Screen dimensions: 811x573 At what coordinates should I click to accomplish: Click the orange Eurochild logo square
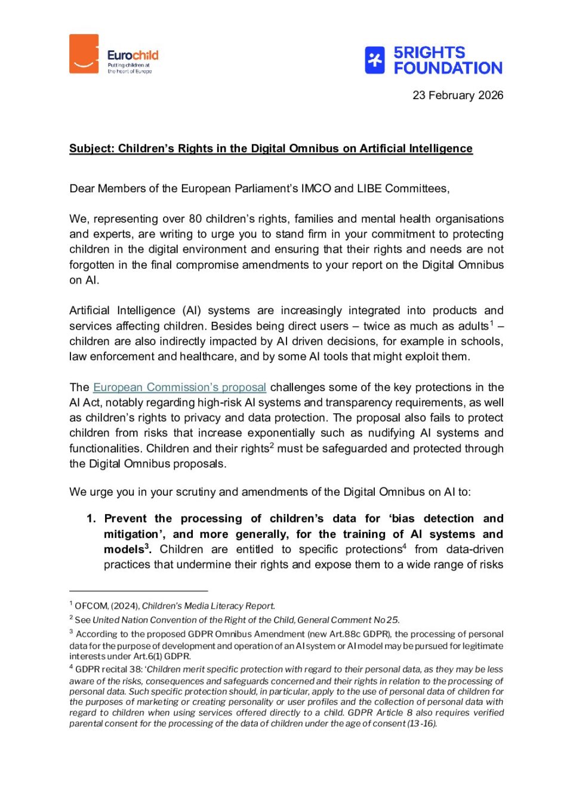tap(84, 54)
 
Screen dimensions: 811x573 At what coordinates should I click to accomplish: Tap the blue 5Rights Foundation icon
tap(375, 60)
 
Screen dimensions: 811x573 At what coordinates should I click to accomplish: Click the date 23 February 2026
tap(458, 96)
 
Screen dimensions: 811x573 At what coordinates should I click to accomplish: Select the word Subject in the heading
tap(91, 149)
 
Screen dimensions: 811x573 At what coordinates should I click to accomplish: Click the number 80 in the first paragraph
tap(195, 219)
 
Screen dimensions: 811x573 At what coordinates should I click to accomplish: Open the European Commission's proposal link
tap(180, 388)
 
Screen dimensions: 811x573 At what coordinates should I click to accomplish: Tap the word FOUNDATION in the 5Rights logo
tap(448, 69)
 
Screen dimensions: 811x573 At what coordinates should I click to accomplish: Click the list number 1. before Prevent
tap(91, 519)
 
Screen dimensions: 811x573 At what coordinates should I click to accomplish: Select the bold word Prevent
tap(125, 519)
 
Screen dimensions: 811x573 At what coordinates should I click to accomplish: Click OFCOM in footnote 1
tap(91, 606)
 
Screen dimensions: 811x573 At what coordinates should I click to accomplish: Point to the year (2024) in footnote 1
tap(125, 606)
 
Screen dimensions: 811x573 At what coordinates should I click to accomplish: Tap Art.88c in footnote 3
tap(343, 634)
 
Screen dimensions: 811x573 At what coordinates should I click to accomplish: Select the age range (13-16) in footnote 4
tap(422, 724)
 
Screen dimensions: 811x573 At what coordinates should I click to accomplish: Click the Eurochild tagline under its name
tap(129, 68)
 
